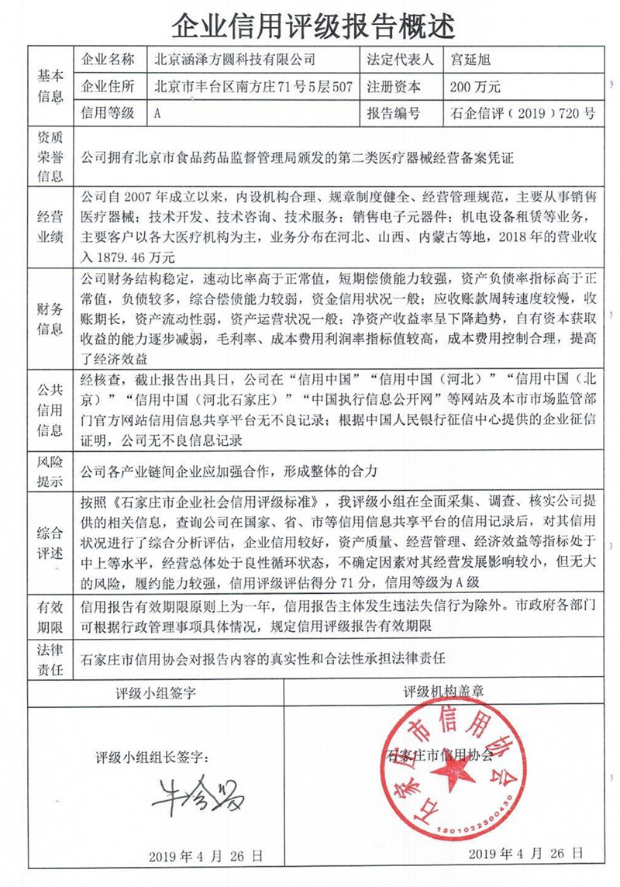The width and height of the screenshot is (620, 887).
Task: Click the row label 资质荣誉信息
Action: (49, 157)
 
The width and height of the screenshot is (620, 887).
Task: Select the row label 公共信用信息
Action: (49, 411)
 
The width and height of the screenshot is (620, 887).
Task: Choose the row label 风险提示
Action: (49, 471)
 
